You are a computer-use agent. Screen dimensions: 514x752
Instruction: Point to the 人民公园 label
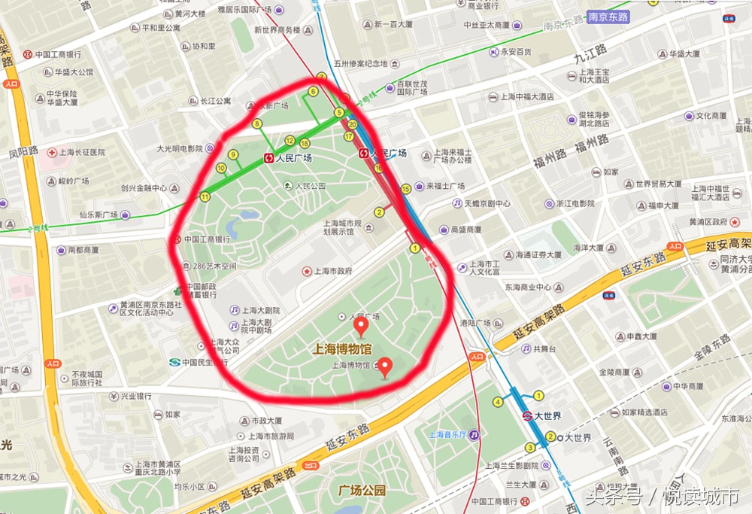pos(310,186)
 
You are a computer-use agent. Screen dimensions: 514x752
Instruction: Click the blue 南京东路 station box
pos(608,15)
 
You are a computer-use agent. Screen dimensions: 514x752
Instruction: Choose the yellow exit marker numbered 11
pos(205,196)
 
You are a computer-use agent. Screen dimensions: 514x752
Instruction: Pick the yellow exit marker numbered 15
pos(406,189)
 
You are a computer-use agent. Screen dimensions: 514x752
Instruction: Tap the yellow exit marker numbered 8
pos(257,123)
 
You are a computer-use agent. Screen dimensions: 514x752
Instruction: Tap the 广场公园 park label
pos(362,490)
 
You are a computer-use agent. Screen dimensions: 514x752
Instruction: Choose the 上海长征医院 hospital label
pos(79,152)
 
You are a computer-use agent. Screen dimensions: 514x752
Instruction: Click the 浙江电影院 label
pos(575,203)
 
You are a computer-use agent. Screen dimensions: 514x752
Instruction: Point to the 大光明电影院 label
pos(180,149)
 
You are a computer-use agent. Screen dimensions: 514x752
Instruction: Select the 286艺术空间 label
pos(214,266)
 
